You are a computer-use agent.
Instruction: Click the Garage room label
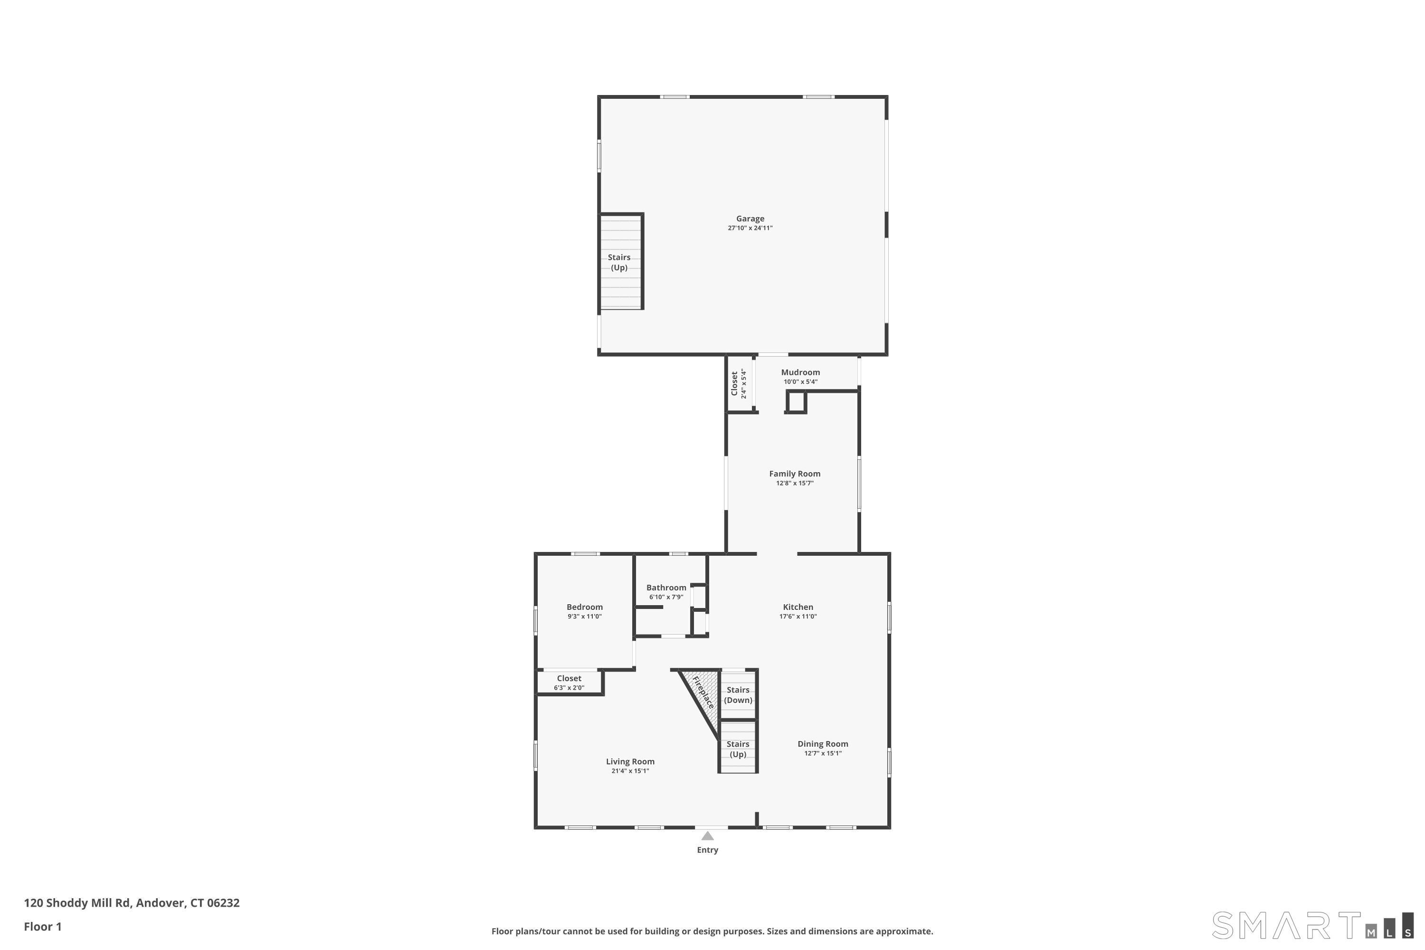tap(750, 218)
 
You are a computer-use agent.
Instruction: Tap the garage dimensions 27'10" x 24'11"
tap(750, 228)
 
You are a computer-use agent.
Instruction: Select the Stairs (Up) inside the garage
tap(619, 262)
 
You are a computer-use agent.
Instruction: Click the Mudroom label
tap(800, 372)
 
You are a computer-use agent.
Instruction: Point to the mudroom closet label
tap(734, 383)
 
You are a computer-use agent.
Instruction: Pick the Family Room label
tap(795, 474)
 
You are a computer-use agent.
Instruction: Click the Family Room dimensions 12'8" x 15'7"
tap(795, 484)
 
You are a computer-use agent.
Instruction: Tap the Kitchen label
tap(798, 607)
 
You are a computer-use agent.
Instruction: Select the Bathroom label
tap(666, 588)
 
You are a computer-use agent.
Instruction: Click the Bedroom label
tap(585, 607)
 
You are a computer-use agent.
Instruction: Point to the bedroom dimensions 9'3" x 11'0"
tap(585, 617)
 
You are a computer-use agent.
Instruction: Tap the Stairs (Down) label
tap(738, 695)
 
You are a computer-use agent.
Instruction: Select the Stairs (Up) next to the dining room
tap(738, 749)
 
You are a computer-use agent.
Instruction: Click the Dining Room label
tap(823, 744)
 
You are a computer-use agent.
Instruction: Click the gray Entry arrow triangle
tap(708, 836)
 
